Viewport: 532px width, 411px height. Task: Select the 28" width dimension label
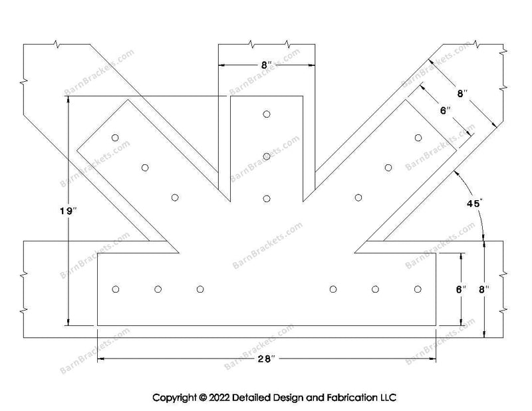click(267, 360)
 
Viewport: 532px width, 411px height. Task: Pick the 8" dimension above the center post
click(267, 65)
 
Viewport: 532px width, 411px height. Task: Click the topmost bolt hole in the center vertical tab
click(267, 114)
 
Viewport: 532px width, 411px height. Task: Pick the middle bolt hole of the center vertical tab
click(267, 156)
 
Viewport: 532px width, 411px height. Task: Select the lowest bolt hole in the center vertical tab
click(267, 198)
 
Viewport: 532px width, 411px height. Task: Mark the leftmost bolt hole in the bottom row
click(116, 289)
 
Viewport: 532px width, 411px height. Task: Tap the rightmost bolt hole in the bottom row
click(418, 289)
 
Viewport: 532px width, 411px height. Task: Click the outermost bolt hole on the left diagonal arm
click(115, 138)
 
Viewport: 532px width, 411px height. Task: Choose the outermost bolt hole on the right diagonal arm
click(418, 138)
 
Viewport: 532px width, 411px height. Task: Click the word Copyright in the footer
click(175, 398)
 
